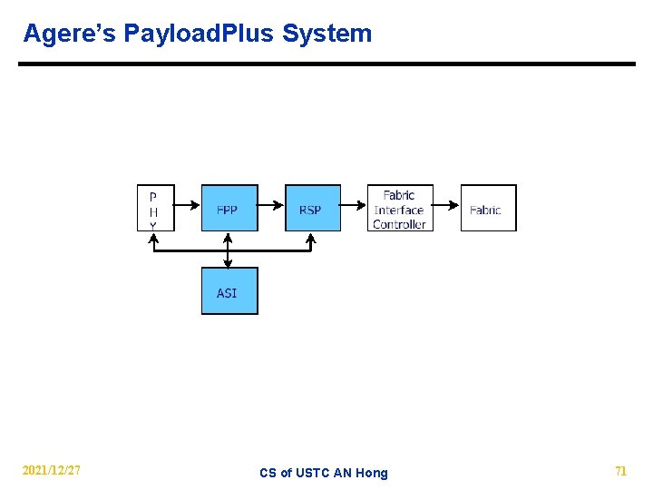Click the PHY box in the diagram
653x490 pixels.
click(154, 209)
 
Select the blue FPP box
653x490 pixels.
click(229, 209)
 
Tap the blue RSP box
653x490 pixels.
click(312, 209)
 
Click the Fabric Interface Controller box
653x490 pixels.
click(399, 209)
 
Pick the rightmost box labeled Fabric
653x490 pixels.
click(488, 209)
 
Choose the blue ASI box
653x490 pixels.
click(229, 291)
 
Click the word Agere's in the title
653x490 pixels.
click(69, 34)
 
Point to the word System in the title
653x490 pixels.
click(326, 34)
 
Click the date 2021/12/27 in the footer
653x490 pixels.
click(52, 471)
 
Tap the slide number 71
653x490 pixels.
click(620, 471)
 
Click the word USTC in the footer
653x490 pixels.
click(313, 473)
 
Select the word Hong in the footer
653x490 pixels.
click(372, 473)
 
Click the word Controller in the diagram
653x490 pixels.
click(399, 224)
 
